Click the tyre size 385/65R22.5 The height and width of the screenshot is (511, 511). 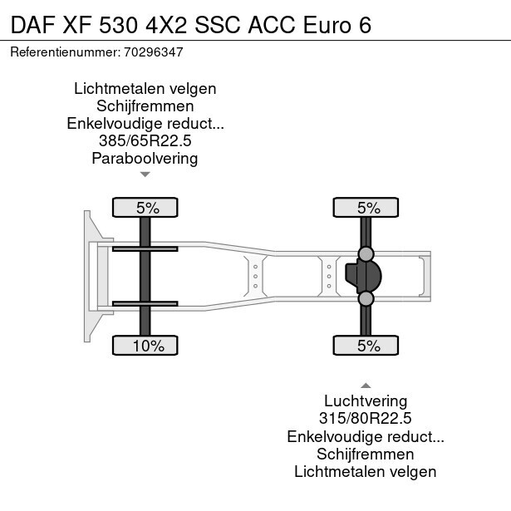145,141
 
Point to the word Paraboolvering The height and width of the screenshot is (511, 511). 145,159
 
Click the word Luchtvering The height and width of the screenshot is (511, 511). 365,401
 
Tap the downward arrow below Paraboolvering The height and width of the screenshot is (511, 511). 145,174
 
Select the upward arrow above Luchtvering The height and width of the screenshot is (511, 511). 365,385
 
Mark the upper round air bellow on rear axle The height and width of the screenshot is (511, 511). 366,253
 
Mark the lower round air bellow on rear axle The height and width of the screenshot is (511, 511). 366,298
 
